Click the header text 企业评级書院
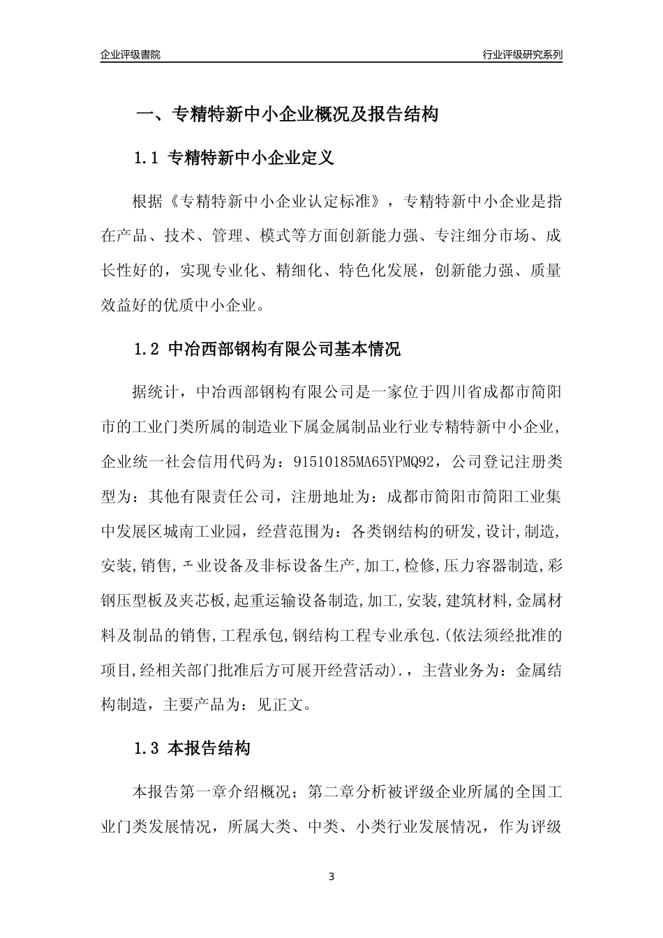[131, 54]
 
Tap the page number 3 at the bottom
[331, 877]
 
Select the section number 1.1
[147, 158]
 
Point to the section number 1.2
[147, 349]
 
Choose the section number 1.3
[147, 750]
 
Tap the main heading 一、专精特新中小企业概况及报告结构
[286, 114]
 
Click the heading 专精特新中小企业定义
[252, 158]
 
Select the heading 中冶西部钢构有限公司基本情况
[285, 349]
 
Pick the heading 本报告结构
[209, 750]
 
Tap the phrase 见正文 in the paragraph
[273, 705]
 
